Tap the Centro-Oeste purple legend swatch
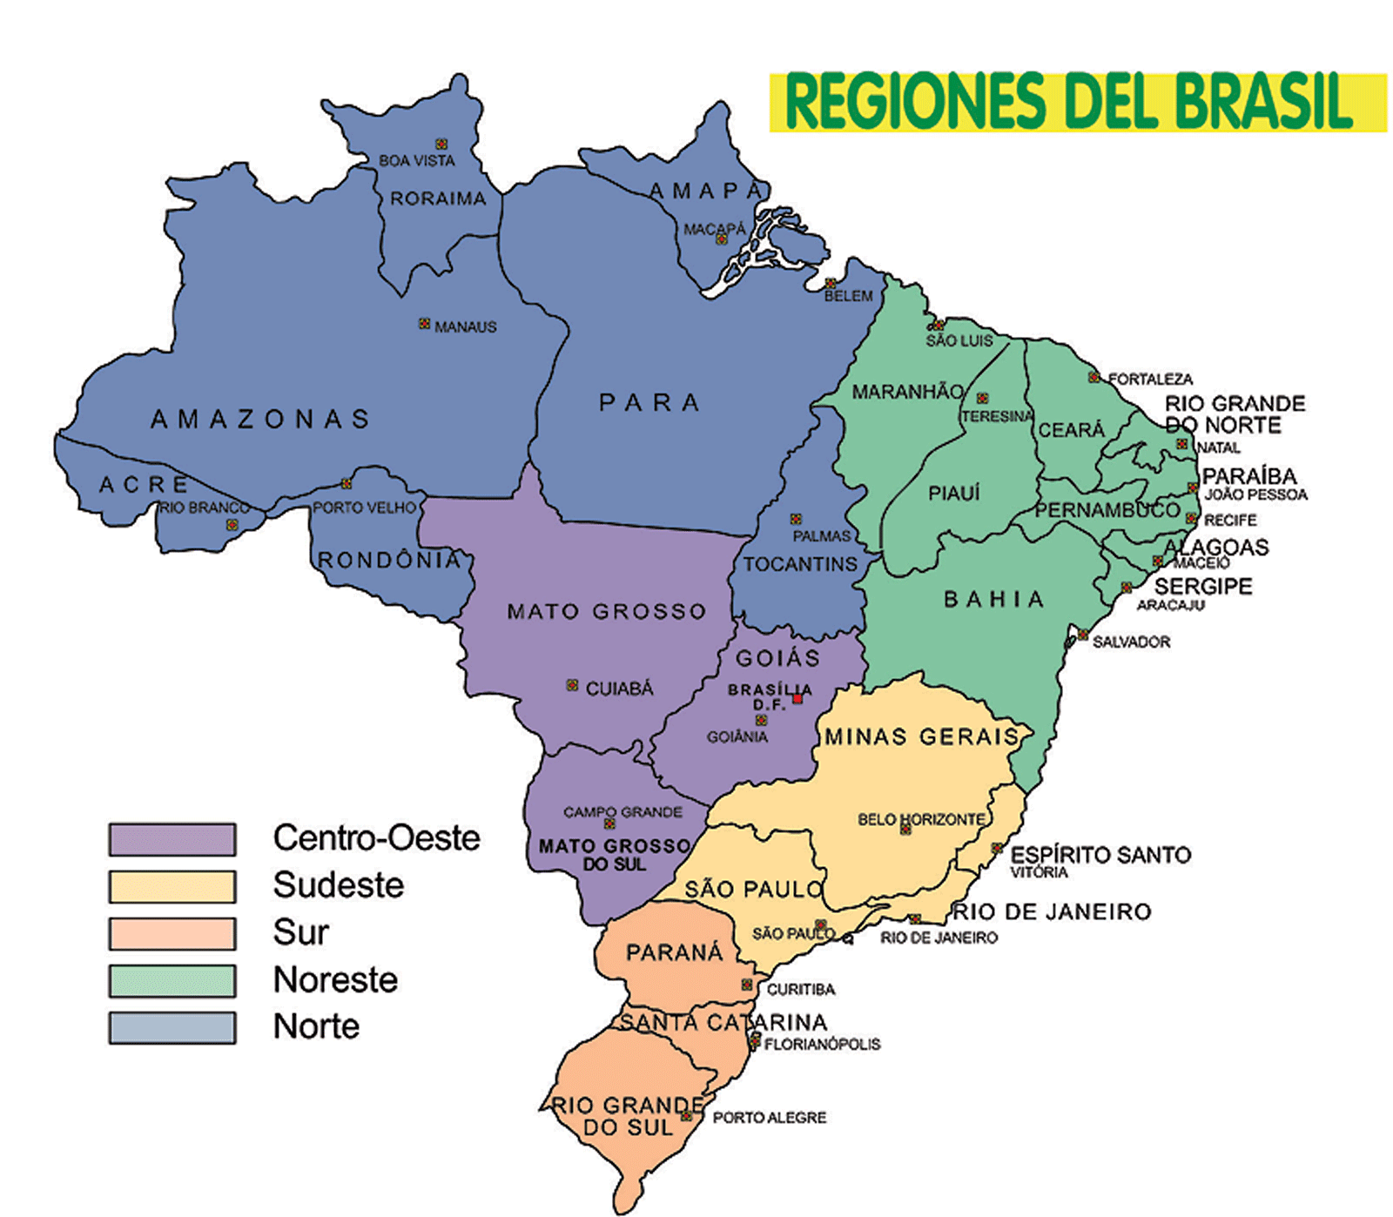click(172, 839)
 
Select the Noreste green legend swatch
click(172, 980)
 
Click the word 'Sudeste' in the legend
click(339, 885)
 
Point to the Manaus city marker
click(424, 324)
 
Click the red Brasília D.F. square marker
click(797, 698)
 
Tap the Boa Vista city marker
click(441, 145)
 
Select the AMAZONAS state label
click(260, 420)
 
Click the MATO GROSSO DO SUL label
click(615, 855)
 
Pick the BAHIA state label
click(993, 599)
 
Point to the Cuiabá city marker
click(572, 686)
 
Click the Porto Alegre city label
click(770, 1118)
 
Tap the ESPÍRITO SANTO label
click(1100, 855)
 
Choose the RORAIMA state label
click(438, 198)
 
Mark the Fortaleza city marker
click(1094, 377)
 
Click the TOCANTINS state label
click(800, 564)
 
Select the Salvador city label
click(1131, 642)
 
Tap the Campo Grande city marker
click(609, 824)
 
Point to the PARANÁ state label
click(674, 952)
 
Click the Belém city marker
click(831, 284)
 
